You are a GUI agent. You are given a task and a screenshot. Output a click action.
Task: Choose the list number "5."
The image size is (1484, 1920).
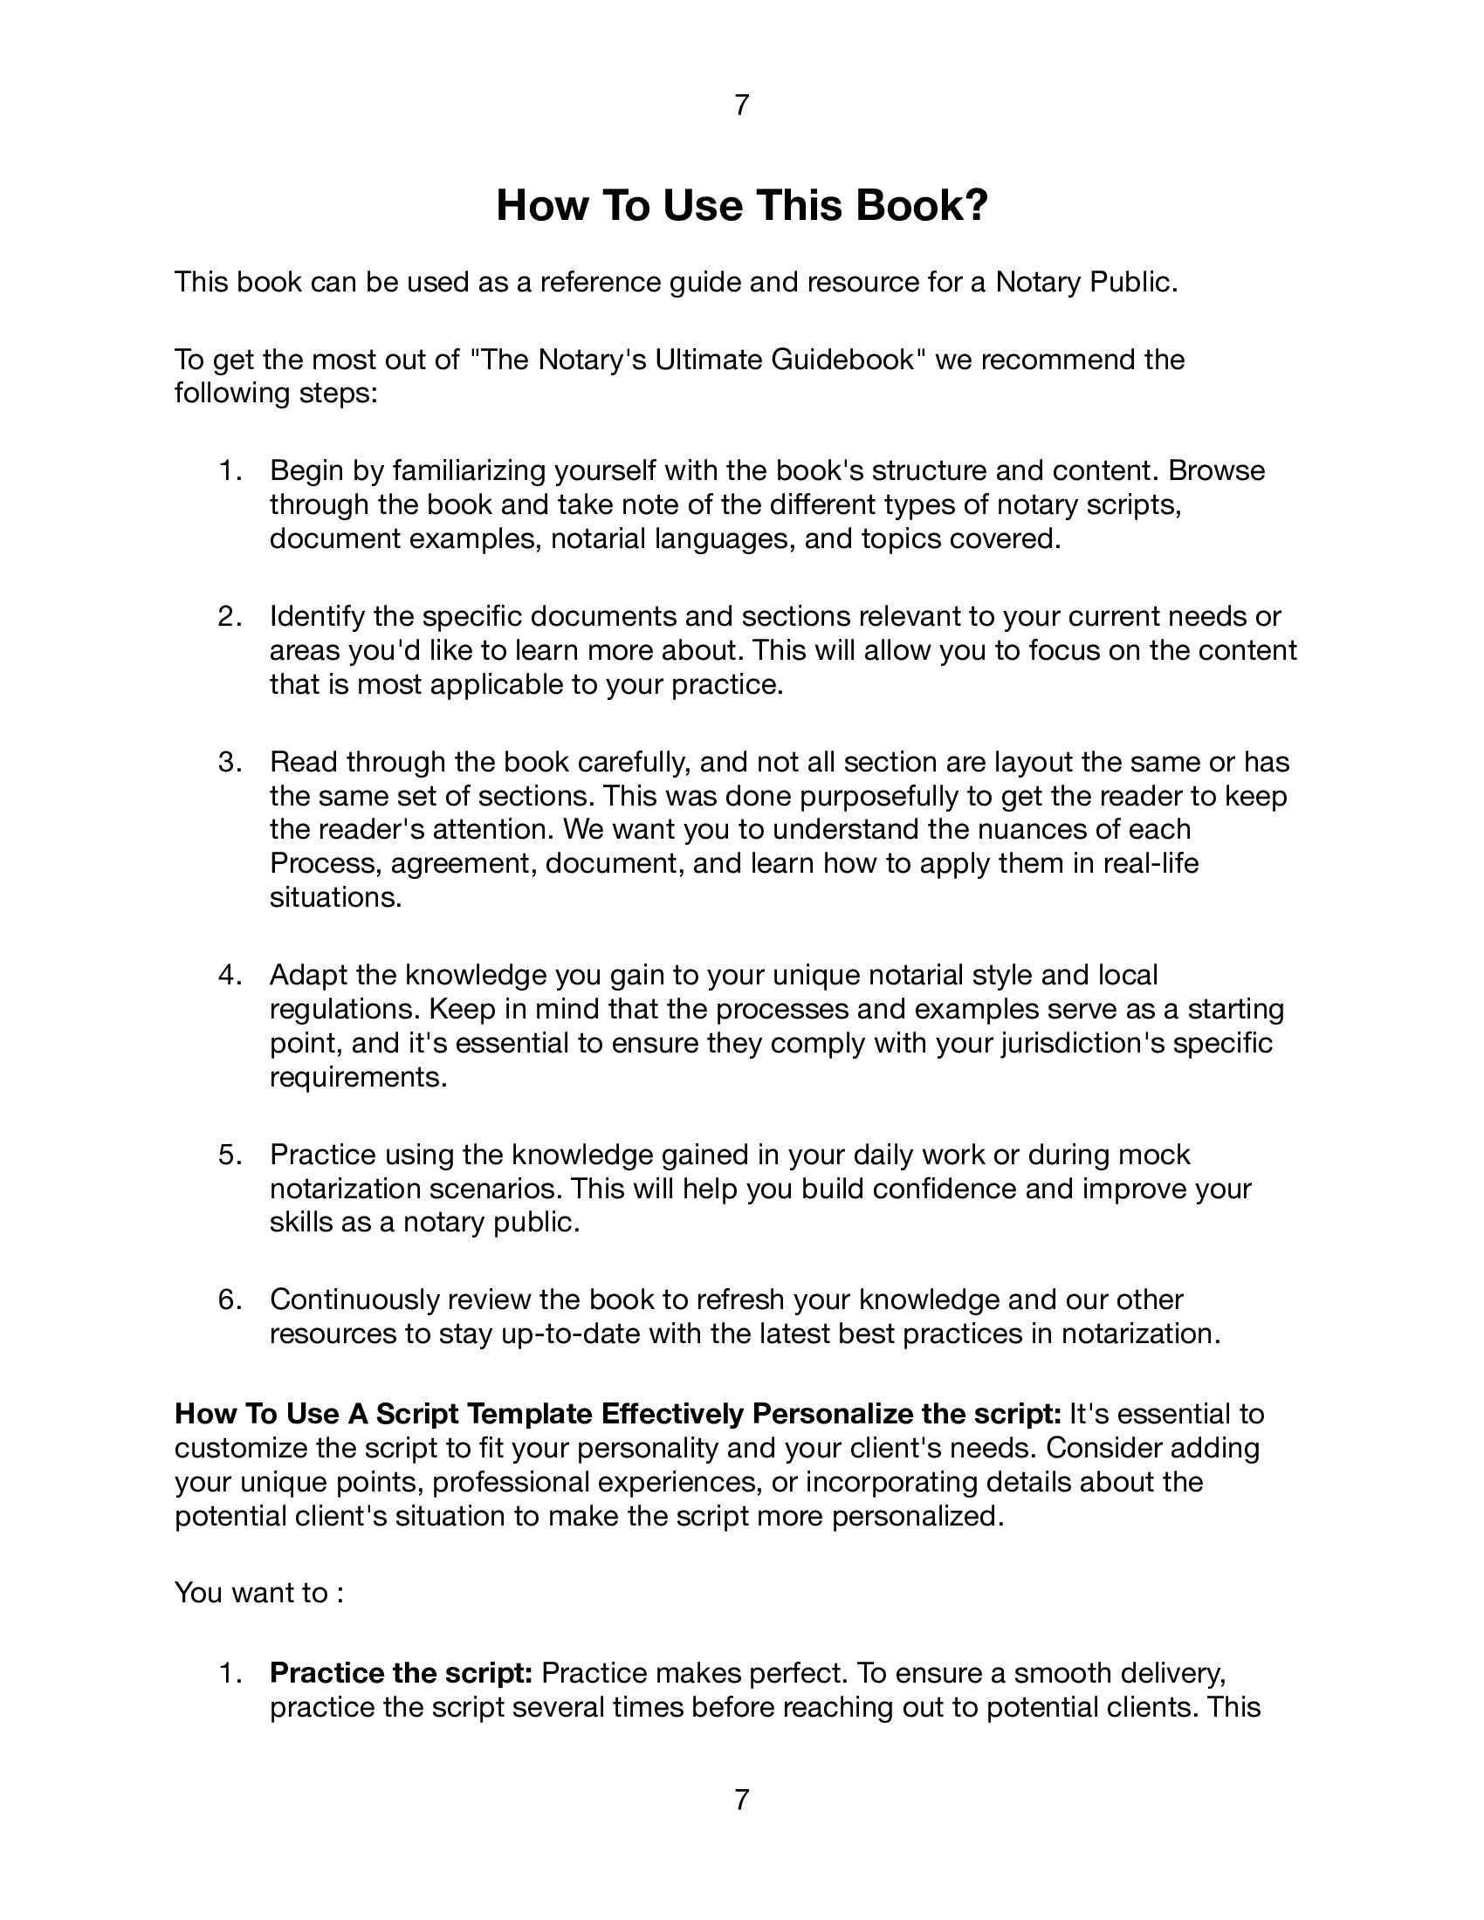(x=230, y=1155)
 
